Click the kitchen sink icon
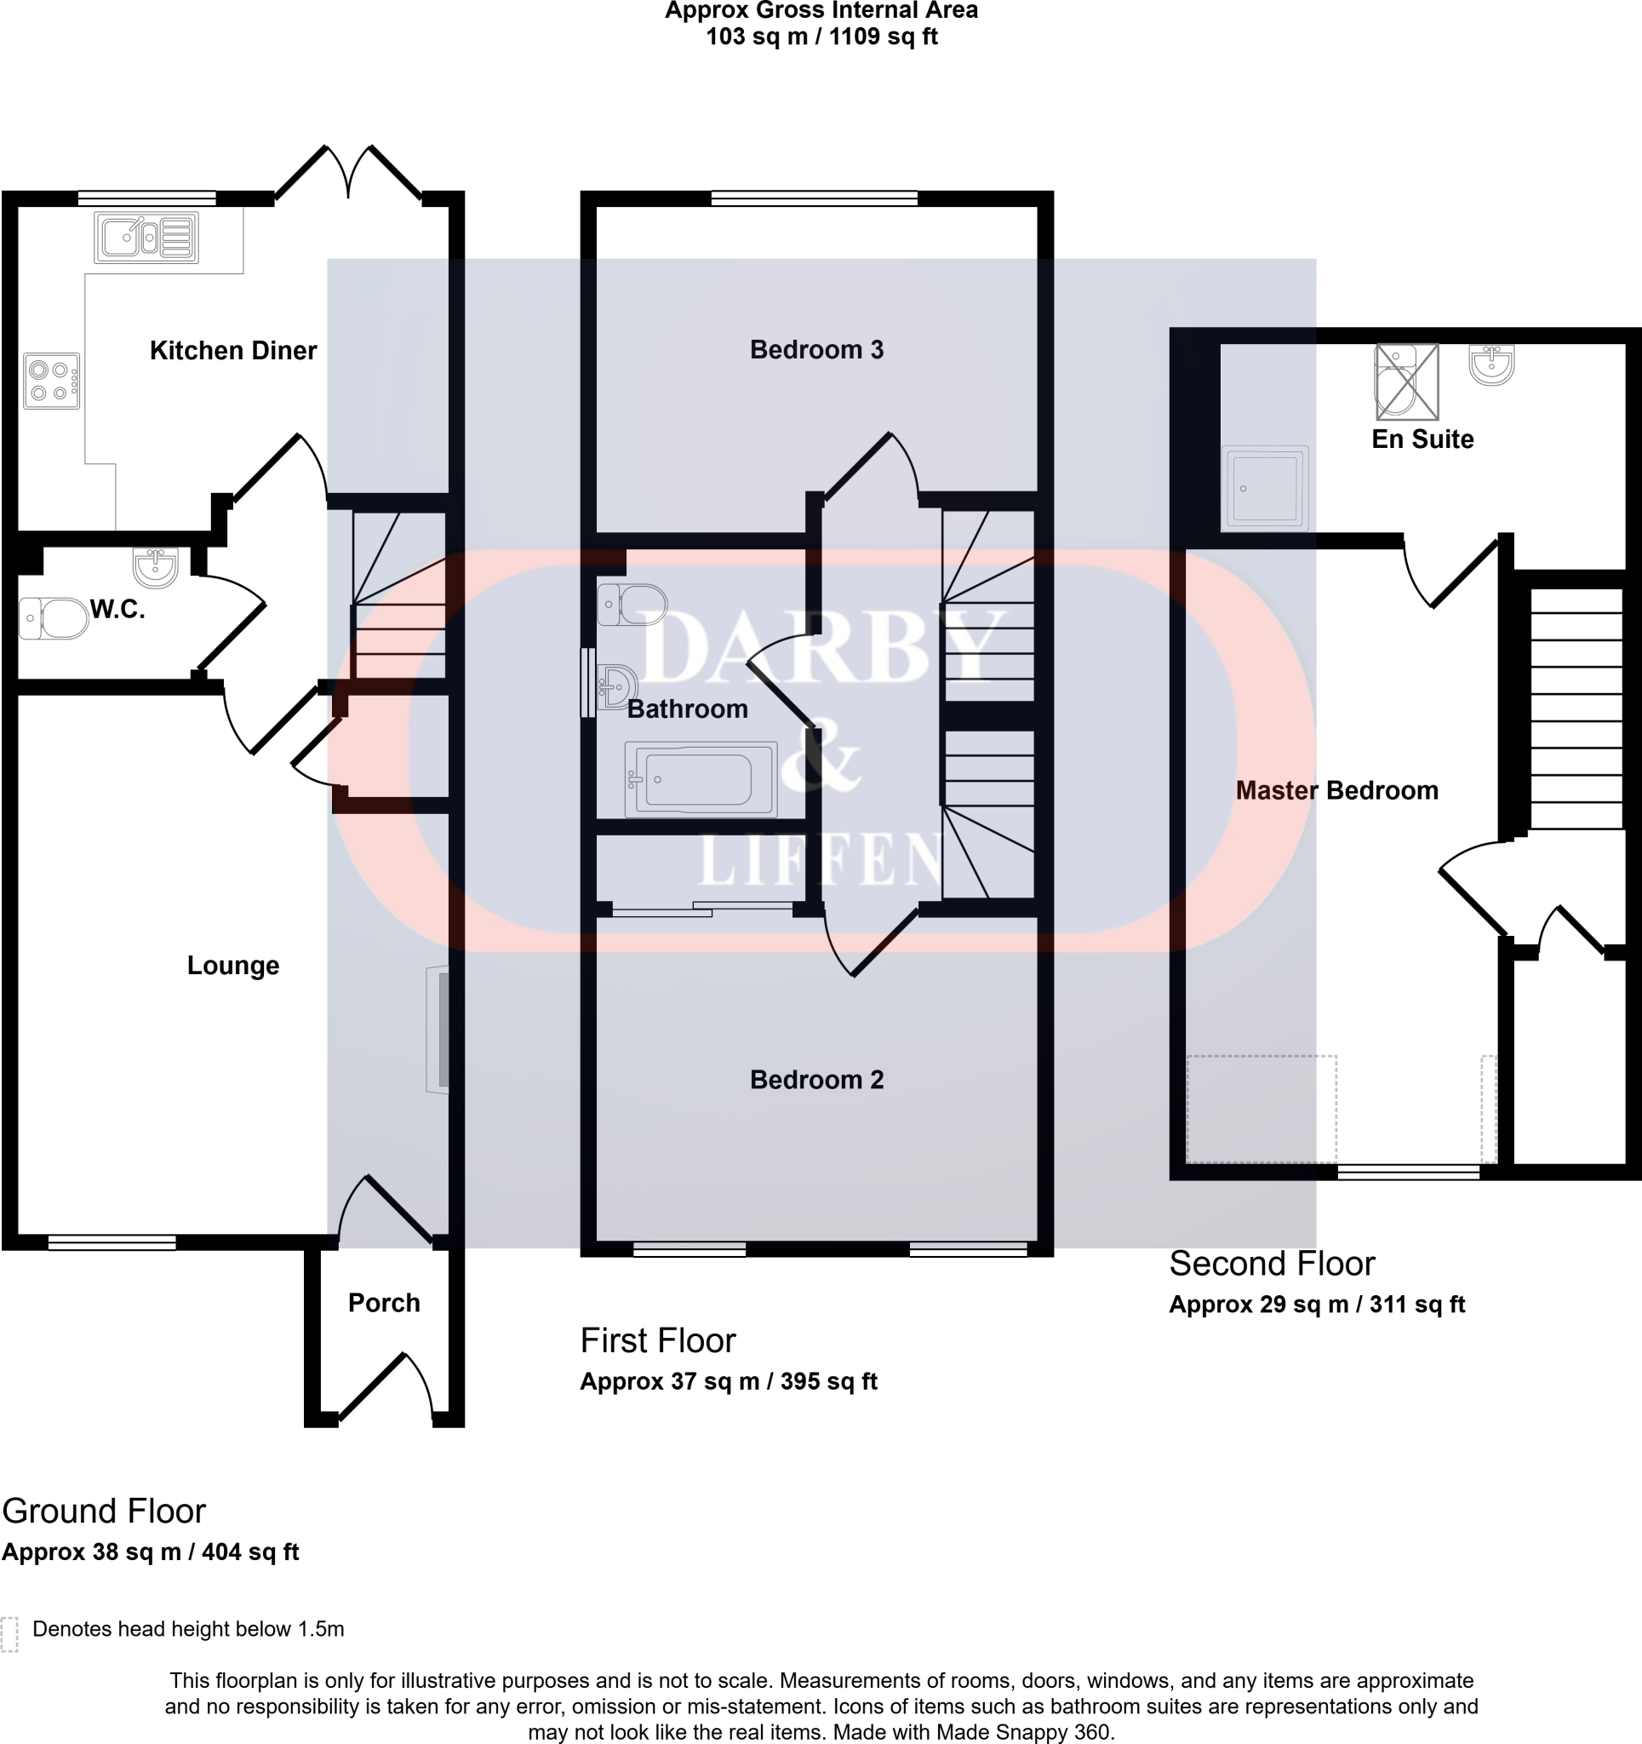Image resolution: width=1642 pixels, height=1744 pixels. (146, 237)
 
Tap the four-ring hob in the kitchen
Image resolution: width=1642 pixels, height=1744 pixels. (51, 381)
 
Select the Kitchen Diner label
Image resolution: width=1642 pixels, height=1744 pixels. (232, 351)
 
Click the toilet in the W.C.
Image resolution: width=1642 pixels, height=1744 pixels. (53, 617)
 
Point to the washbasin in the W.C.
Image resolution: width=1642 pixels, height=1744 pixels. (155, 565)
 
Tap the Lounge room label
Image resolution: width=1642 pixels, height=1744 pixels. (232, 966)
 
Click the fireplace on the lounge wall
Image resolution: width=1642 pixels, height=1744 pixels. (438, 1030)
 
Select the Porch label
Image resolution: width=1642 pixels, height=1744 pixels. (383, 1303)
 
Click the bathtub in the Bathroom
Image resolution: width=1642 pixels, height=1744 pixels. (700, 779)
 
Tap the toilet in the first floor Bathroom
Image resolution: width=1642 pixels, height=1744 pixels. (633, 605)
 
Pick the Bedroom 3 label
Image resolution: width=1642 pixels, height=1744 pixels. (815, 350)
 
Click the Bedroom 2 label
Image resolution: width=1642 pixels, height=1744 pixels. (815, 1080)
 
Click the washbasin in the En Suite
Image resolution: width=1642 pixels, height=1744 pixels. (1491, 364)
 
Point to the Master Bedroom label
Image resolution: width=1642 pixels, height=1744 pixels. (1336, 790)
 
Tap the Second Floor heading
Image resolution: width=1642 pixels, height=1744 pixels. (1272, 1264)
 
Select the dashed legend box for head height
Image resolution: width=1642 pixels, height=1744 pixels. (9, 1634)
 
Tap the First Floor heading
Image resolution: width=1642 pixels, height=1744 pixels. (658, 1341)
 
